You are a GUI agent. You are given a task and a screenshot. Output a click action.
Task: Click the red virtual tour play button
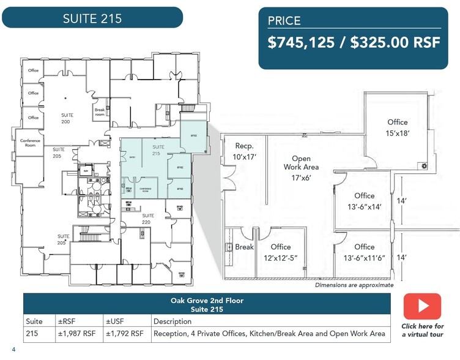tap(421, 306)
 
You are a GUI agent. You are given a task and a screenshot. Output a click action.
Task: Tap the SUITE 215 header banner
tap(92, 18)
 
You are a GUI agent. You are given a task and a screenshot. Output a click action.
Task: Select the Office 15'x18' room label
tap(397, 127)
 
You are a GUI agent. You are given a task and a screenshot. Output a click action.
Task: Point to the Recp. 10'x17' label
tap(244, 151)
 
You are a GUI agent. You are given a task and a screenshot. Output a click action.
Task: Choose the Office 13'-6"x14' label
tap(364, 201)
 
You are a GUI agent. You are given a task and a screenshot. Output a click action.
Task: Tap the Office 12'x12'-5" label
tap(281, 252)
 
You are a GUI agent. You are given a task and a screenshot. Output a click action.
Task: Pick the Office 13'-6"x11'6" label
tap(364, 252)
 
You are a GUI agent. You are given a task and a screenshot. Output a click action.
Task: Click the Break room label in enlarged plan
tap(244, 247)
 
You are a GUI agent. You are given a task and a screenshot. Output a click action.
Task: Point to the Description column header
tap(172, 321)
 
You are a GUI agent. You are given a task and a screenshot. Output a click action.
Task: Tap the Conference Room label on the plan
tap(31, 143)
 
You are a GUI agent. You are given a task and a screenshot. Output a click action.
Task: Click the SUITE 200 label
tap(67, 119)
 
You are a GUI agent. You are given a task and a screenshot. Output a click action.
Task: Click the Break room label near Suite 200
tap(100, 113)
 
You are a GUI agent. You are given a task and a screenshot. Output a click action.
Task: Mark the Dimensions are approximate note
tap(354, 285)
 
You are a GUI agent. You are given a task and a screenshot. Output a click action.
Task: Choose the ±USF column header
tap(116, 321)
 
